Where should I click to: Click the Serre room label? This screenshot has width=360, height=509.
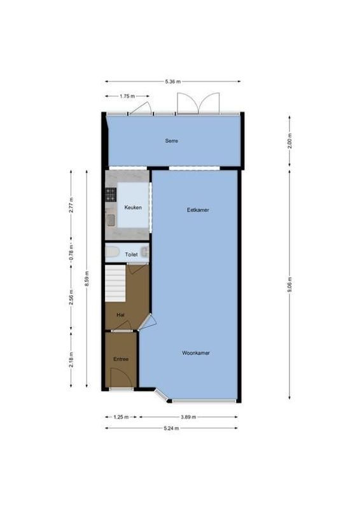(171, 141)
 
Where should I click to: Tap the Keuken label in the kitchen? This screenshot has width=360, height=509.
(132, 207)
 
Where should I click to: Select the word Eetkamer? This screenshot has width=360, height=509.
(198, 209)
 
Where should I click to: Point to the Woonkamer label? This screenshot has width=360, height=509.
(196, 352)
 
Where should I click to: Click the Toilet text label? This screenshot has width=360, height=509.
(131, 254)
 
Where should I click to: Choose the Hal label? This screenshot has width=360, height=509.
(120, 314)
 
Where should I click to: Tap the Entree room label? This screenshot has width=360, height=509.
(121, 359)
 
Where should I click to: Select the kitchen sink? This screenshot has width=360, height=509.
(110, 220)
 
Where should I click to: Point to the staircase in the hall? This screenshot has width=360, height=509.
(116, 282)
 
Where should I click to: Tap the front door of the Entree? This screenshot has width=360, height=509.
(121, 382)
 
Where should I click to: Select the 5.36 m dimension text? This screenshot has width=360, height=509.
(172, 81)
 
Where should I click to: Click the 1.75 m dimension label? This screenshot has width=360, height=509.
(127, 96)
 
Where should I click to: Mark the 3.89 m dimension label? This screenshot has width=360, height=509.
(188, 417)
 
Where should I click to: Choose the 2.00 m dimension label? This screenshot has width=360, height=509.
(289, 141)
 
